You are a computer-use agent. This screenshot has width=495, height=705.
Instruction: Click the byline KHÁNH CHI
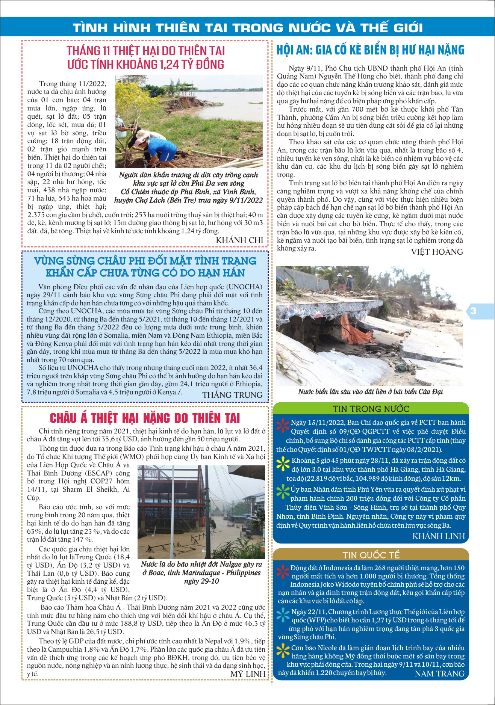(x=239, y=240)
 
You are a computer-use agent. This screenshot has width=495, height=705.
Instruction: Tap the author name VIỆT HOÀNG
(x=437, y=252)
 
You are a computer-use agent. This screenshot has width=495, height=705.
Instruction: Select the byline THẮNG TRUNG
(x=232, y=395)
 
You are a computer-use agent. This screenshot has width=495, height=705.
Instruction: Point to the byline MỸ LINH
(x=248, y=674)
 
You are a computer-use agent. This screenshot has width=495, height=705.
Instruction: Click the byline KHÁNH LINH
(x=439, y=536)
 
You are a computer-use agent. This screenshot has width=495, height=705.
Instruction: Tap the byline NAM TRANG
(x=439, y=674)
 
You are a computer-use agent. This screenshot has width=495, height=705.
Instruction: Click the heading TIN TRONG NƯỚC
(x=371, y=409)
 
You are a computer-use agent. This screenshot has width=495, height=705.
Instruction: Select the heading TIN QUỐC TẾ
(x=371, y=555)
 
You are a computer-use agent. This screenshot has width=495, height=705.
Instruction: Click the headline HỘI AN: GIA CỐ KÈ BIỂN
(x=370, y=50)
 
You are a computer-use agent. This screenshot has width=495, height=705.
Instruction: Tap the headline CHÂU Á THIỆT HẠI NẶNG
(x=145, y=418)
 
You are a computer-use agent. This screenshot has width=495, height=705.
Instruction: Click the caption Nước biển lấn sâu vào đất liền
(x=370, y=392)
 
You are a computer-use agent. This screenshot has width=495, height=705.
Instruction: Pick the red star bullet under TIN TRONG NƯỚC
(x=283, y=426)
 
